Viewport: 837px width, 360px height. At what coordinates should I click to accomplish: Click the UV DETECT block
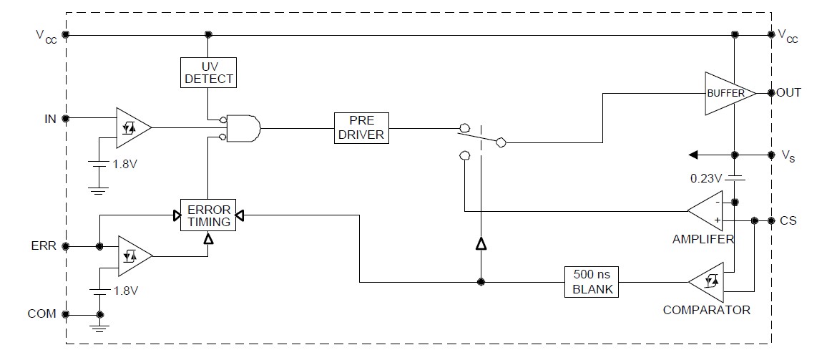[208, 72]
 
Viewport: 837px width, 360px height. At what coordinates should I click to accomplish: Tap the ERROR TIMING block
[208, 215]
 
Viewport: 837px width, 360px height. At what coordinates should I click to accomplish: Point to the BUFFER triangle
[727, 93]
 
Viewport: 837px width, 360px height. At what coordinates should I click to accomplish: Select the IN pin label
[50, 119]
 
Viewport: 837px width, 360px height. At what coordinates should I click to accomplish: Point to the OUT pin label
[789, 93]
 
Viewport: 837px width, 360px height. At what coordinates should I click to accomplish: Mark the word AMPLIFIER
[703, 239]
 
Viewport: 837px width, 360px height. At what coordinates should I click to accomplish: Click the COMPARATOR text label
[706, 310]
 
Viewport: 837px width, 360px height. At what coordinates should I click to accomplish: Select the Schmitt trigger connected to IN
[132, 127]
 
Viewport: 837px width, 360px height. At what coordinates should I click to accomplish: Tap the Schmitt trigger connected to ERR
[132, 255]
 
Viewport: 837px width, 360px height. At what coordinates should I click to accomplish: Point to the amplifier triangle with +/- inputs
[708, 210]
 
